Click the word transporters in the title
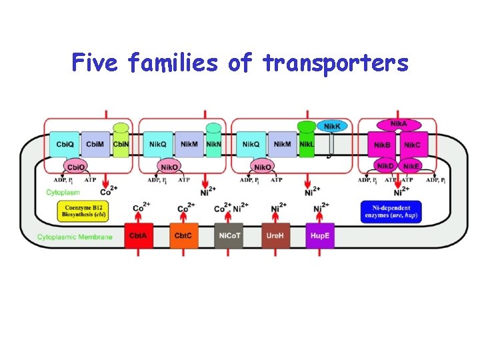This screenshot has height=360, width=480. coord(335,63)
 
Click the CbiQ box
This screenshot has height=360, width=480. coord(65,144)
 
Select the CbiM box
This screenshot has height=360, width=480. coord(95,144)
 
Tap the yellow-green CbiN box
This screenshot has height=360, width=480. coord(121,144)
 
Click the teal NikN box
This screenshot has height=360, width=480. coord(213,144)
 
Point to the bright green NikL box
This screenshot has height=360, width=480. coord(307,144)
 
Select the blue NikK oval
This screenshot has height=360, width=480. coord(332,126)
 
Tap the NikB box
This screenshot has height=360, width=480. coord(382,145)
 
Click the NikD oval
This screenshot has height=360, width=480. coord(385,166)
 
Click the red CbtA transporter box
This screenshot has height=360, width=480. coord(139,236)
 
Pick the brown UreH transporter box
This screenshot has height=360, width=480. coord(275,236)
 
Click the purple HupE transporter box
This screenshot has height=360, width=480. coord(320,236)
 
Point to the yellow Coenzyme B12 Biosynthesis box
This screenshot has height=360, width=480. coord(83,211)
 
